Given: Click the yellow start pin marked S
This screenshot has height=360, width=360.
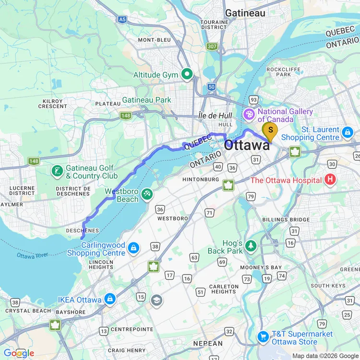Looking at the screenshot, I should [270, 130].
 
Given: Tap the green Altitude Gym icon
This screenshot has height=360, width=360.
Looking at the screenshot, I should [187, 74].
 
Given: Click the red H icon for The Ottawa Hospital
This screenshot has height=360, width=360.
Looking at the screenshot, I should [330, 180].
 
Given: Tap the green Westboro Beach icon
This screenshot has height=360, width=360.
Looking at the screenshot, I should [147, 195].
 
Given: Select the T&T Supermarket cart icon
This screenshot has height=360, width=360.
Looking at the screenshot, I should [263, 337].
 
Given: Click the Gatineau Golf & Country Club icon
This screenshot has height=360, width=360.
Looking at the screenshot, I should [57, 171].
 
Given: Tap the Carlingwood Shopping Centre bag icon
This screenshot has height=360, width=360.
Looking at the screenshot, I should [134, 248].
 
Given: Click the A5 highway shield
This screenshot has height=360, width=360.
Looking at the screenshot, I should [123, 20].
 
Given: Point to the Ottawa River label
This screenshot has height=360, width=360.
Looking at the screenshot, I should [33, 255].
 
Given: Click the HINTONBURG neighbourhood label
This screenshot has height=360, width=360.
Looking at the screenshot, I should [201, 180].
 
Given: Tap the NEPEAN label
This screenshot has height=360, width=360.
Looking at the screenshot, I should [207, 344].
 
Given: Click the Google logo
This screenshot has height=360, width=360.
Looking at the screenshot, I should [18, 353].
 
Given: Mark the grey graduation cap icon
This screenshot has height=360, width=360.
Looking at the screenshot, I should [156, 300].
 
